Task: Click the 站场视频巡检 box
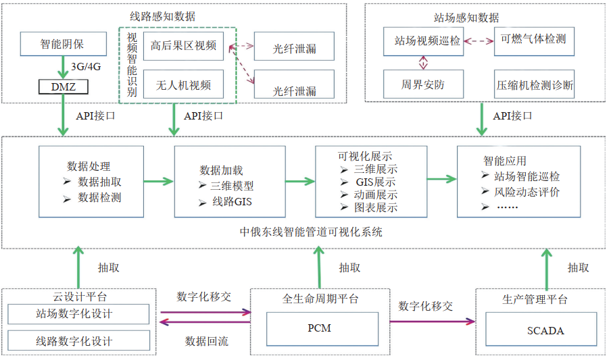click(423, 41)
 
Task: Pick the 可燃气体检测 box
click(534, 40)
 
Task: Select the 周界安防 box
click(423, 85)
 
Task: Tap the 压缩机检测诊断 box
click(534, 85)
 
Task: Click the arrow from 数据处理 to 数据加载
click(159, 180)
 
